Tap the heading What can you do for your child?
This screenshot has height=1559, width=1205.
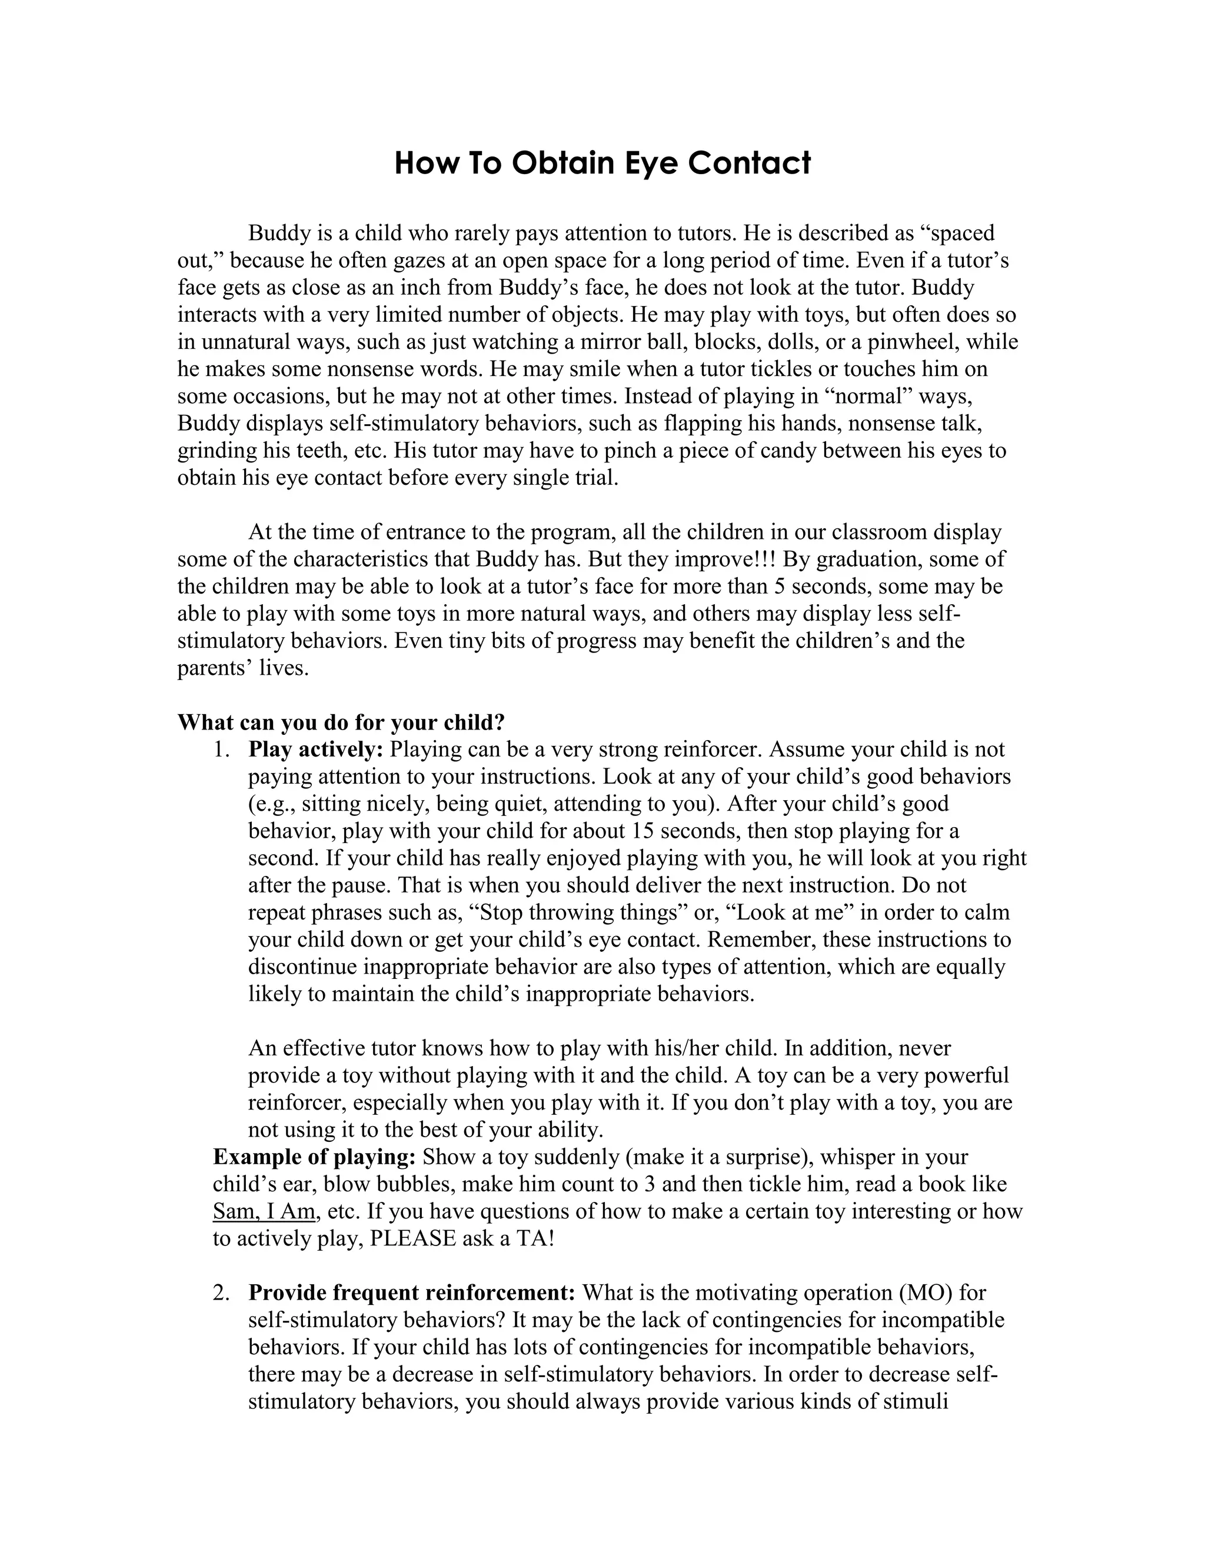(x=341, y=722)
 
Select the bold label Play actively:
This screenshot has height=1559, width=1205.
(x=316, y=749)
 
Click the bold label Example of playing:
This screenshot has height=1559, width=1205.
(x=314, y=1157)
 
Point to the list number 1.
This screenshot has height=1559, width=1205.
(x=221, y=749)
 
